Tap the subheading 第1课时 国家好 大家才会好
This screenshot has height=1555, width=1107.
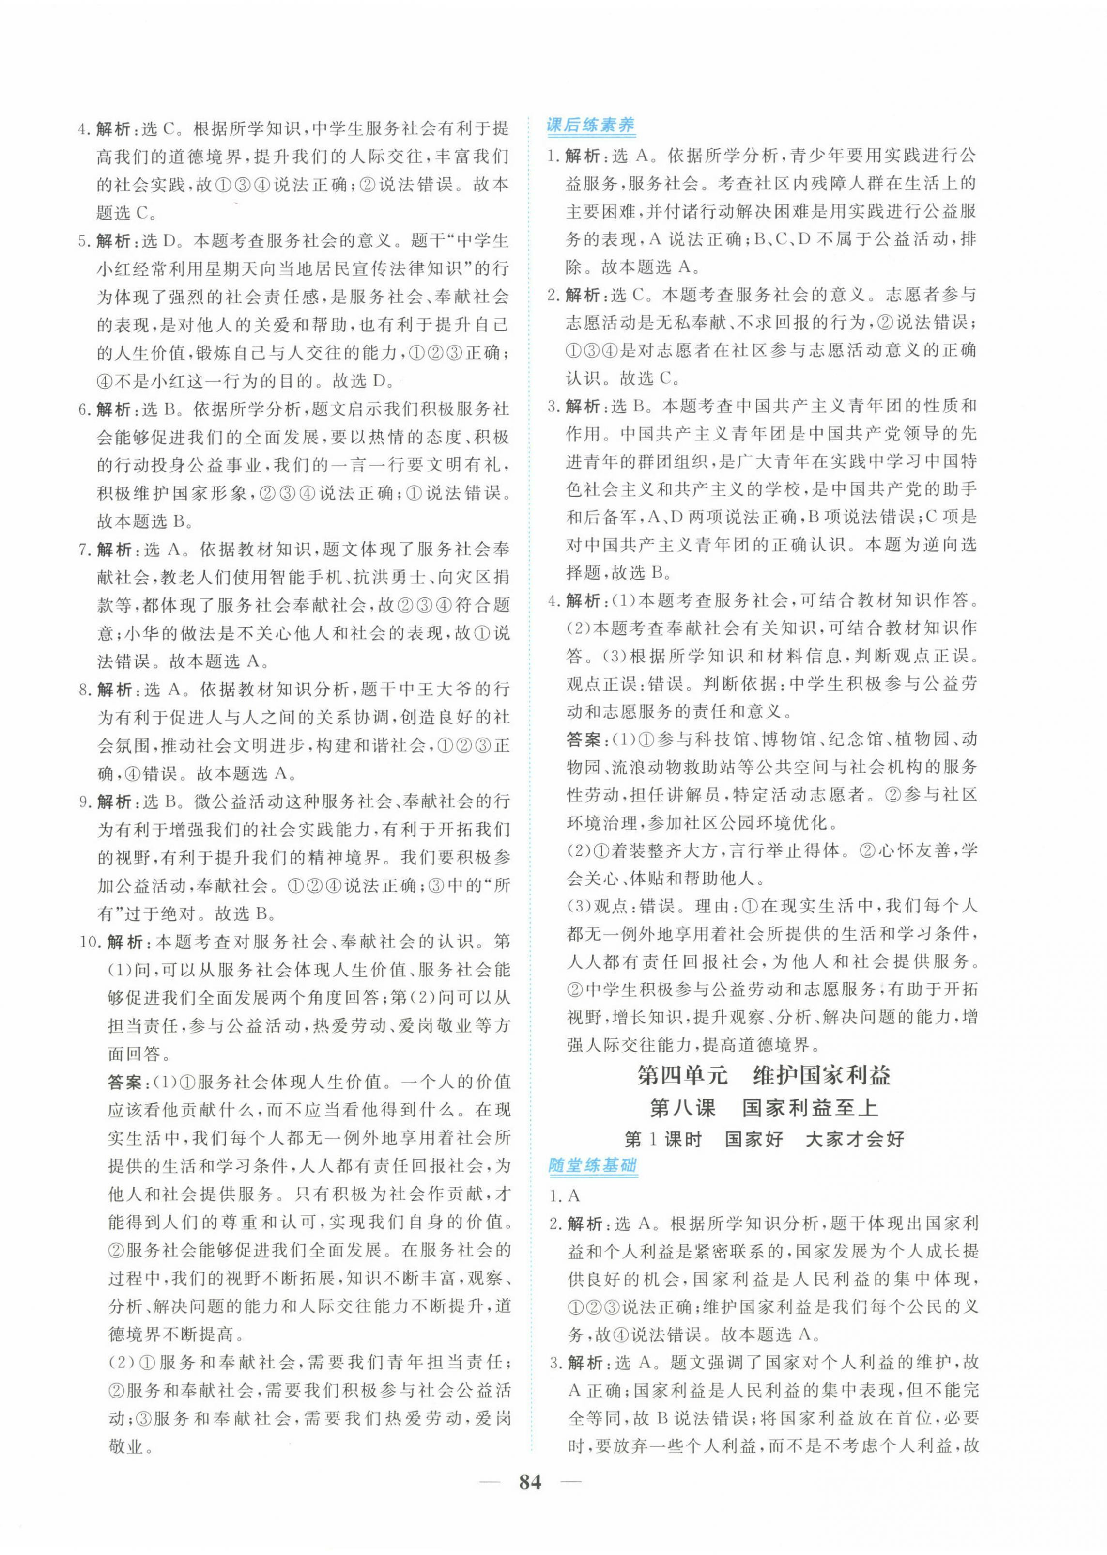tap(764, 1138)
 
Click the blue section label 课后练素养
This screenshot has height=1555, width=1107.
tap(591, 126)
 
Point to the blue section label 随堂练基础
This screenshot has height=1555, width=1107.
tap(592, 1165)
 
